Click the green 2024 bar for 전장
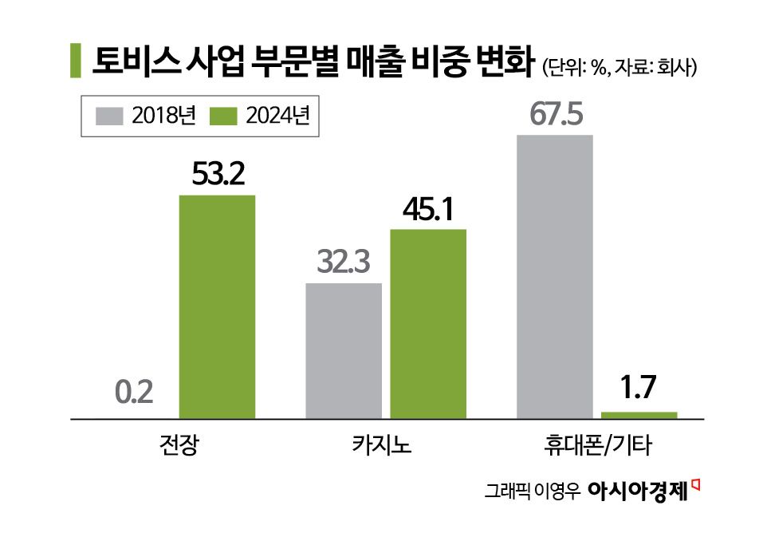click(217, 306)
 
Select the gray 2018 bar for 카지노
click(344, 350)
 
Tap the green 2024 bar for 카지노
click(427, 323)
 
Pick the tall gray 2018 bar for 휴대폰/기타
click(555, 276)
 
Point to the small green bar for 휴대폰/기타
click(639, 414)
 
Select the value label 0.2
click(134, 394)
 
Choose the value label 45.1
click(427, 210)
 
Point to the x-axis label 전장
click(175, 444)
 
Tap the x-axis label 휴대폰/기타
click(596, 444)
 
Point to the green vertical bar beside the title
click(75, 62)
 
